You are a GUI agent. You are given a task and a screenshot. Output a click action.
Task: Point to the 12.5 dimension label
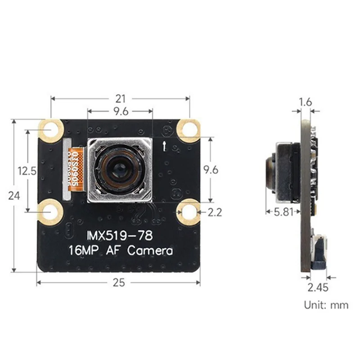coord(27,171)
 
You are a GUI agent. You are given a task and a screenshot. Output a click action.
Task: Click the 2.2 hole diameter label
coord(214,212)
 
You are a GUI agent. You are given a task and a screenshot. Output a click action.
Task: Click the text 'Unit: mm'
coord(326,305)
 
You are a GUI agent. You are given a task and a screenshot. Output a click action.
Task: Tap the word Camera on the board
coord(150,250)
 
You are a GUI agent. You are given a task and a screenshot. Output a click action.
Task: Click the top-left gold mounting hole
coord(52,130)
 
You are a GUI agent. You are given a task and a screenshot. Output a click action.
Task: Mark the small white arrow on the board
coord(165,145)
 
